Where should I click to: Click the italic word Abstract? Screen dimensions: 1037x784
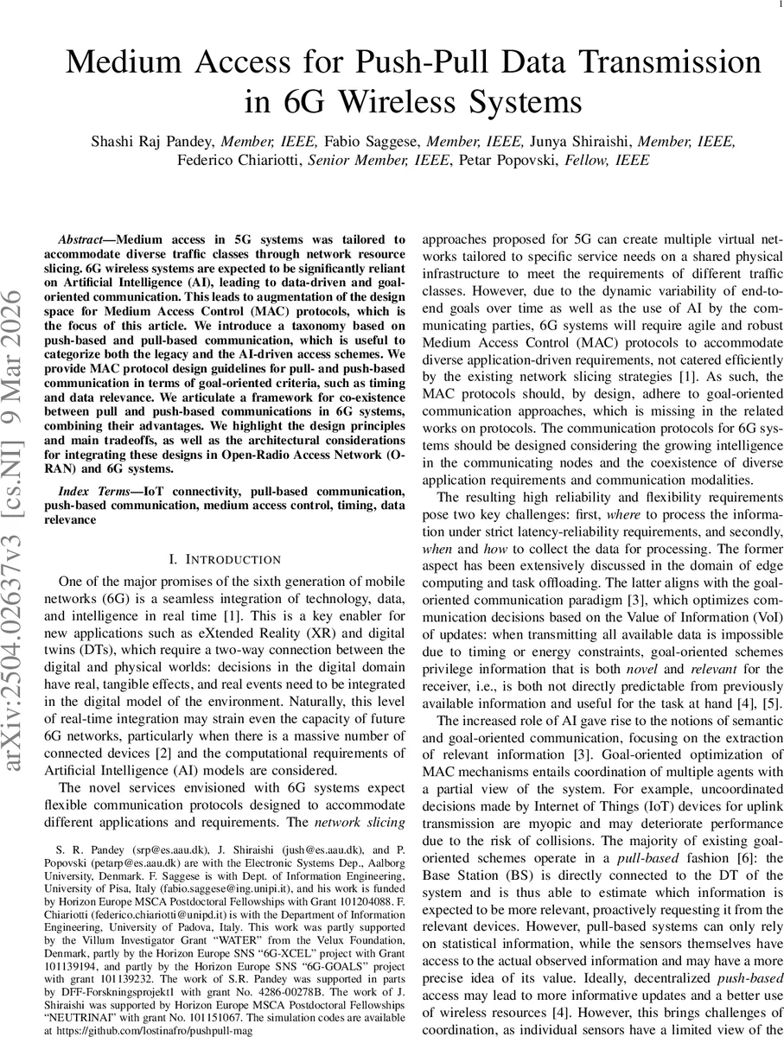82,239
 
